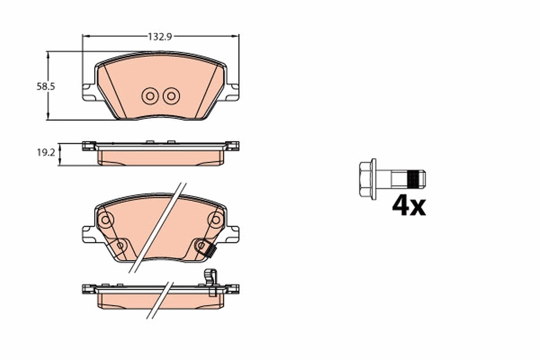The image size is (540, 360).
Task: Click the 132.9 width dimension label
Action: pos(160,37)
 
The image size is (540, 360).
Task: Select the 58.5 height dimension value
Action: pos(45,87)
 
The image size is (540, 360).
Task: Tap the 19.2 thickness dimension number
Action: pos(45,153)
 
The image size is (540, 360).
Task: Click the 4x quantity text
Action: pos(409,206)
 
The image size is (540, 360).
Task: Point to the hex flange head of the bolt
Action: pos(367,179)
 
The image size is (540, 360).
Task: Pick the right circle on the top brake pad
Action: pos(171,95)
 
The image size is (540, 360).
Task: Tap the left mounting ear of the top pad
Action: pos(88,92)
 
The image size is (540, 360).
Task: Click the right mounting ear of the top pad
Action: pos(232,92)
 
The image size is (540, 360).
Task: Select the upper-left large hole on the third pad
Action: pos(106,220)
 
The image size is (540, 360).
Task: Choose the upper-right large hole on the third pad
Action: pos(216,220)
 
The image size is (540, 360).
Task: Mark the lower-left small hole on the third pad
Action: pos(121,245)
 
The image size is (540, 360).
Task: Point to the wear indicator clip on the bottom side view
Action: pos(211,281)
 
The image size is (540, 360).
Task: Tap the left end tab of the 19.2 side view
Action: pos(89,146)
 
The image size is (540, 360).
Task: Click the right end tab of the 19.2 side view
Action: pos(232,146)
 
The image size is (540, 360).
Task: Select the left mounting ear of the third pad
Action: pos(88,234)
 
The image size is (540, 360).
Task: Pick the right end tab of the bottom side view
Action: pos(232,289)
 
